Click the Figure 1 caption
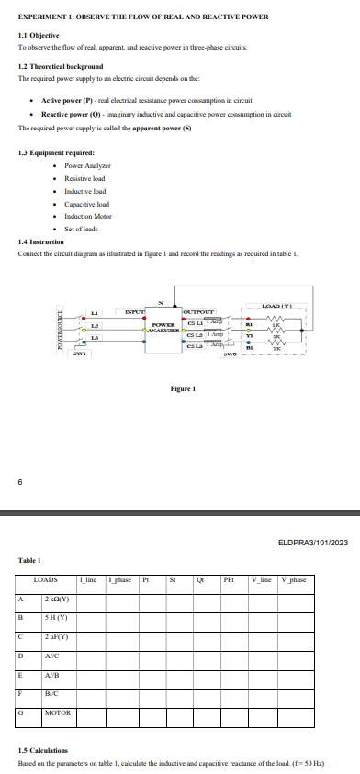(x=179, y=388)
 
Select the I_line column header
(x=88, y=579)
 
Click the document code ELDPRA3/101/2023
(x=313, y=543)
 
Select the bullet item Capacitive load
(x=86, y=204)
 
